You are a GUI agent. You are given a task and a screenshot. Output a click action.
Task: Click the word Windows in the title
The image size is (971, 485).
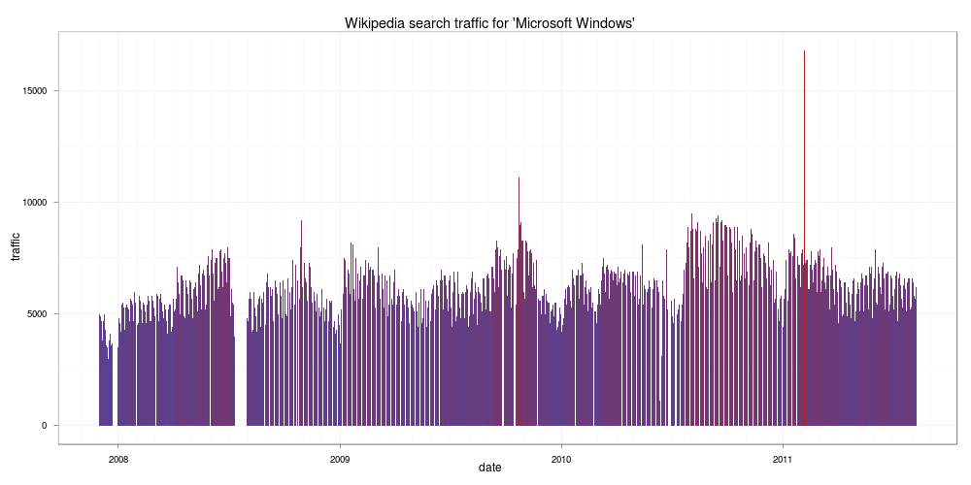(612, 23)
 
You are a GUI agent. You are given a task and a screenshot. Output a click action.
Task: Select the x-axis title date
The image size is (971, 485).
(489, 468)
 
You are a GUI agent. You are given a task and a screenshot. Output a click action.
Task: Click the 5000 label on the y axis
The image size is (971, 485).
(36, 314)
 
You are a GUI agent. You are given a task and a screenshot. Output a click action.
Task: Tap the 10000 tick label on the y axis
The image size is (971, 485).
(34, 203)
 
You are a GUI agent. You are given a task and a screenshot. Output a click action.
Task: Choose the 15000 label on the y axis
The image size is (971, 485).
(34, 91)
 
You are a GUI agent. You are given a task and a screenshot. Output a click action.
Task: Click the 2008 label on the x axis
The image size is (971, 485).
(117, 459)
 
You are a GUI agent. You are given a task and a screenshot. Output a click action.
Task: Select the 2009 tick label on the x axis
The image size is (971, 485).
(340, 459)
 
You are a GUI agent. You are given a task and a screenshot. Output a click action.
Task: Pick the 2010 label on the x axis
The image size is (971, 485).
(561, 459)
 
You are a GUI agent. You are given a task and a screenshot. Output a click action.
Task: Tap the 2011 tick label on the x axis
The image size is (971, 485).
(783, 459)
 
